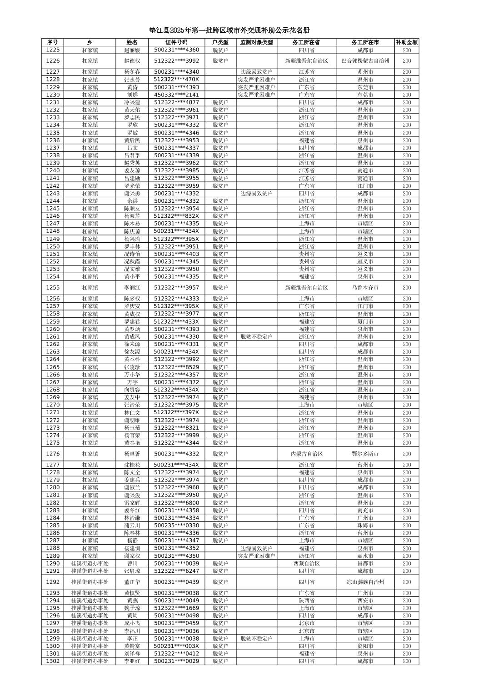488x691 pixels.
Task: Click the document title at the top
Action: (x=229, y=30)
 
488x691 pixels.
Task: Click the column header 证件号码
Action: (x=176, y=42)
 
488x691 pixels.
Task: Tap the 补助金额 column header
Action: (x=406, y=42)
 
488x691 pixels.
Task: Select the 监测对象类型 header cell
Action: (x=256, y=42)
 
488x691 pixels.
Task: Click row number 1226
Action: (x=53, y=60)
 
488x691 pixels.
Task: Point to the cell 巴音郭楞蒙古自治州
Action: (x=365, y=60)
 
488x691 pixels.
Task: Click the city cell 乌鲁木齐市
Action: (x=365, y=287)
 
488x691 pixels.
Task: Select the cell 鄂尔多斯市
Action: (x=365, y=454)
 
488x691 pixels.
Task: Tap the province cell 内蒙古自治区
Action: (x=306, y=454)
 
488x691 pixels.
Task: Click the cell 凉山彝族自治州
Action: (x=365, y=582)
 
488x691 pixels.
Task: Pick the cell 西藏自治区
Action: (x=306, y=563)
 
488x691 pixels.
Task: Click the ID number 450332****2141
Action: (x=176, y=95)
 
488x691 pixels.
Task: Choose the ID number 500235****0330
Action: (x=176, y=525)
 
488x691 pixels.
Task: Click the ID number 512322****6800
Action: (x=176, y=502)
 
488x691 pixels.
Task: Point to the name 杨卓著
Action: (x=132, y=454)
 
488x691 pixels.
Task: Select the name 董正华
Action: (x=132, y=582)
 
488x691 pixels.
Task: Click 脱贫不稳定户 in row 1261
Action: (x=256, y=336)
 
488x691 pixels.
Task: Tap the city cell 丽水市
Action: (x=365, y=556)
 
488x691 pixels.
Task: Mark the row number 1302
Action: (x=53, y=661)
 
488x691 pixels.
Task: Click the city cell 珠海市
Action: (x=365, y=525)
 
